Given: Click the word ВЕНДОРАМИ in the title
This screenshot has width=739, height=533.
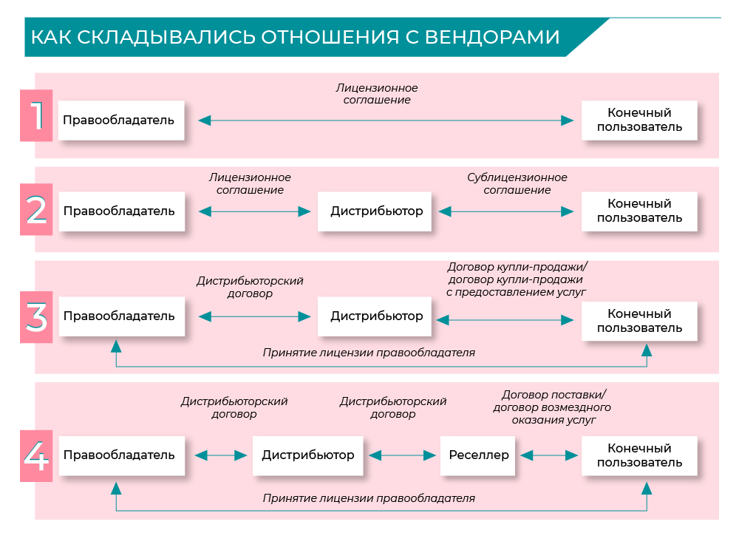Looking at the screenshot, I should click(x=492, y=37).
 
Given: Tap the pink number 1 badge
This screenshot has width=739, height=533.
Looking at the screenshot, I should click(x=36, y=115).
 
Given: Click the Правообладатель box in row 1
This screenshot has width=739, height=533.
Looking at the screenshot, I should click(x=119, y=120).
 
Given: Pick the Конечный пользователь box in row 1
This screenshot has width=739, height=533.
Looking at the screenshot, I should click(x=639, y=120).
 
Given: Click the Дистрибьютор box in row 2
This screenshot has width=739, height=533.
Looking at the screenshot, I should click(x=376, y=211).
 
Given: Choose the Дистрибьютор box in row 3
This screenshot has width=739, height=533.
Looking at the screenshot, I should click(x=376, y=316).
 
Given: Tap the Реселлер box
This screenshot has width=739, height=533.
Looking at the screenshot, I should click(x=479, y=455).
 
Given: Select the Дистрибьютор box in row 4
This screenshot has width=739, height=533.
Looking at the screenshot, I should click(x=308, y=455).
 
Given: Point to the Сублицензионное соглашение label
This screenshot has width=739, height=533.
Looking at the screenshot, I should click(x=517, y=183).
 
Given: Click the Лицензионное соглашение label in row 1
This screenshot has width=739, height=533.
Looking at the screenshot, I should click(x=377, y=94).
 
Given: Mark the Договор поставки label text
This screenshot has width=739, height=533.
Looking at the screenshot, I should click(x=552, y=407).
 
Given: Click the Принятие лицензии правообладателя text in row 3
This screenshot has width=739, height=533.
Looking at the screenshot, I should click(x=369, y=353).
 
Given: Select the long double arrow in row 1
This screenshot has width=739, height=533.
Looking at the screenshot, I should click(x=386, y=120).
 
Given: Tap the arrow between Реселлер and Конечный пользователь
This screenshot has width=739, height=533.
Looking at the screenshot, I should click(x=549, y=455).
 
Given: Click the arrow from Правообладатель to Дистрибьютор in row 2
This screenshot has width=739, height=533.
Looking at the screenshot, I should click(x=255, y=211).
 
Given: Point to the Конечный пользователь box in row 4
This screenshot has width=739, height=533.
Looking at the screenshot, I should click(x=639, y=455).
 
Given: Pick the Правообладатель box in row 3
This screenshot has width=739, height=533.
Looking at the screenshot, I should click(x=119, y=316).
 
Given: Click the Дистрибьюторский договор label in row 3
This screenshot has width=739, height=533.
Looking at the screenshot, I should click(x=250, y=287).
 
